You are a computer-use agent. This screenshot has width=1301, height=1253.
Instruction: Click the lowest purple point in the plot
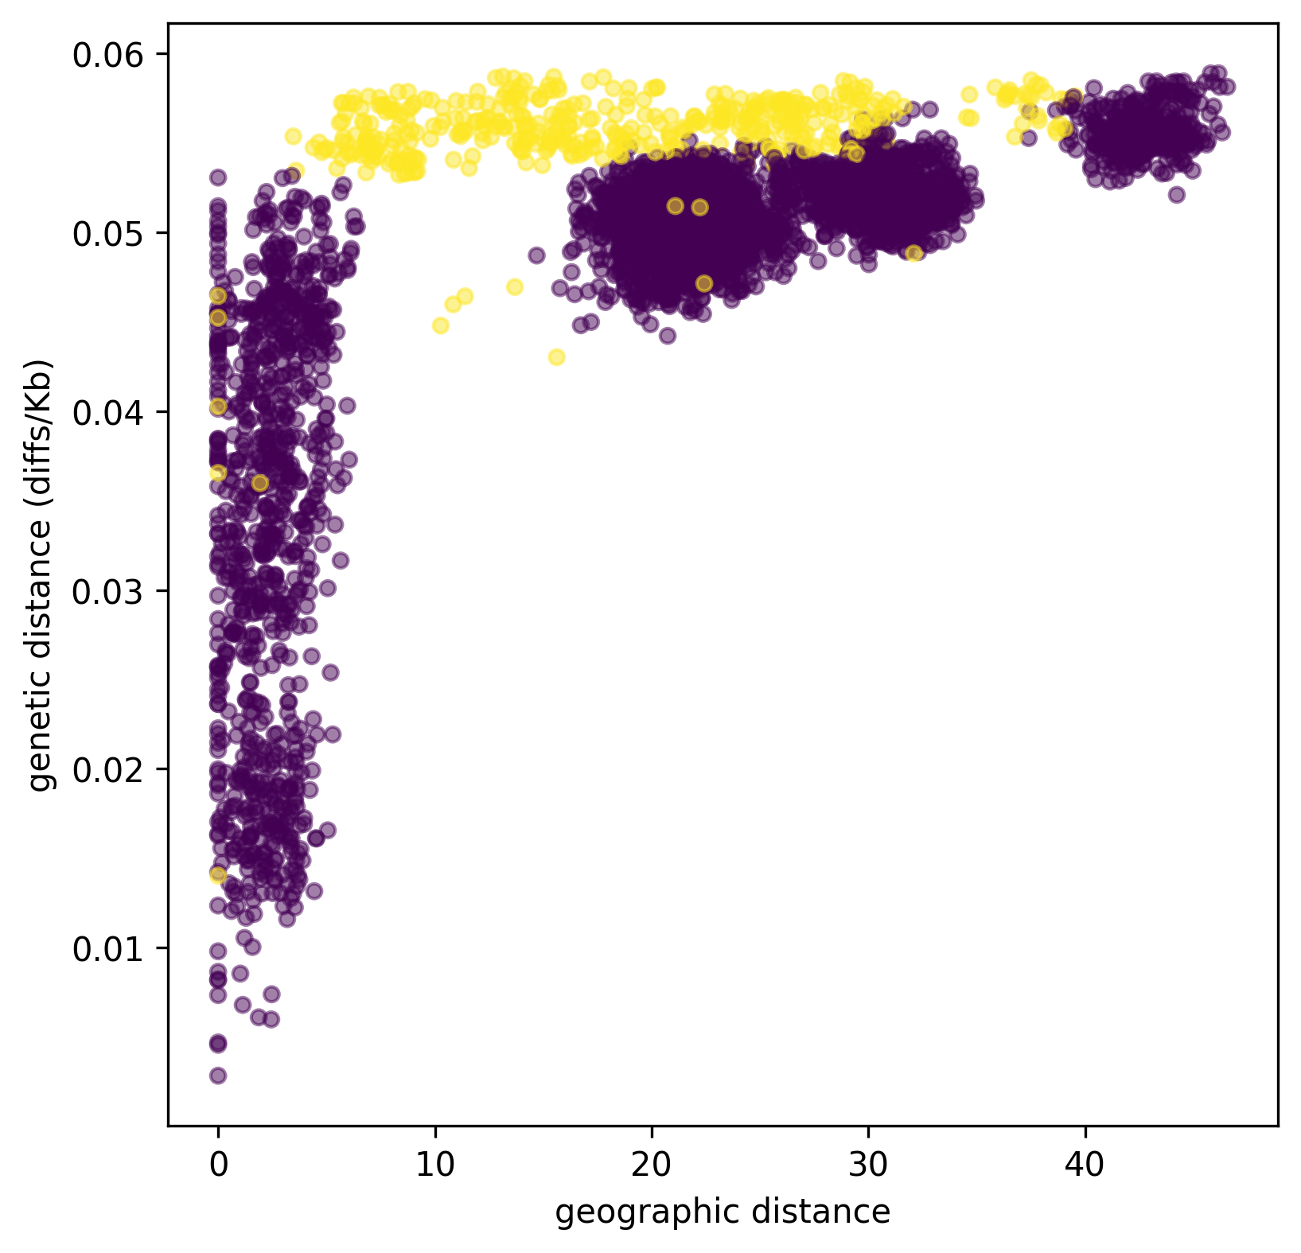click(218, 1076)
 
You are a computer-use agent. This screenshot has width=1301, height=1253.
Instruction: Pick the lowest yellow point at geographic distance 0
click(218, 875)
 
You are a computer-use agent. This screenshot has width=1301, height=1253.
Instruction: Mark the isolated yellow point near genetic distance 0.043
click(557, 357)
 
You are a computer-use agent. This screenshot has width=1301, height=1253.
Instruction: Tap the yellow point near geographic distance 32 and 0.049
click(914, 253)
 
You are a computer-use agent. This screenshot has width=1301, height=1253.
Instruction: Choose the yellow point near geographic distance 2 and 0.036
click(259, 483)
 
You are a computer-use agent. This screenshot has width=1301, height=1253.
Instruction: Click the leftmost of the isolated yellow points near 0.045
click(440, 325)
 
